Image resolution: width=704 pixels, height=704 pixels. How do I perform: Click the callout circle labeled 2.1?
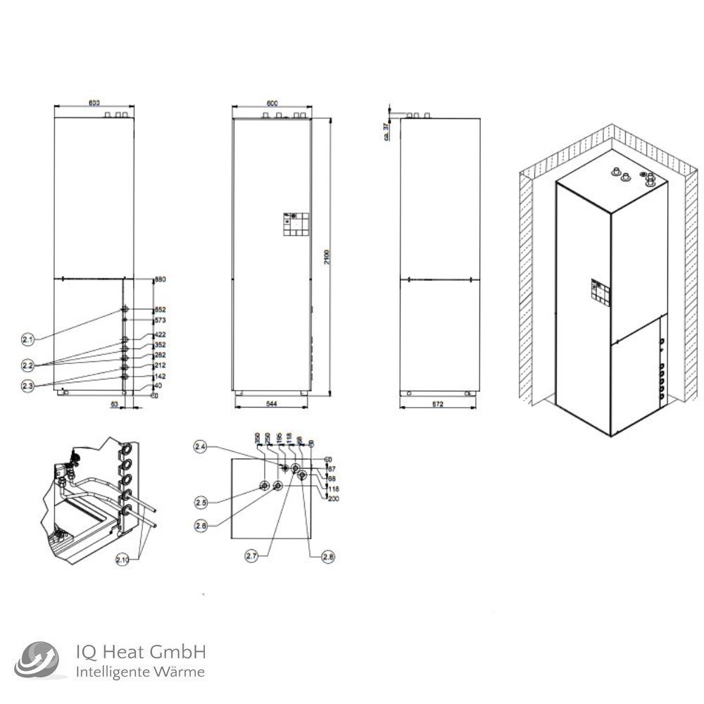(27, 339)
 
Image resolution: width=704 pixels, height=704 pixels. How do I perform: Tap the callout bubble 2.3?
(27, 386)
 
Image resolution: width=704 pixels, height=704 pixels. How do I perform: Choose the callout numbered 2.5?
(201, 502)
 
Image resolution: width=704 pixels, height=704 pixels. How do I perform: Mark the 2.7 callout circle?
(252, 556)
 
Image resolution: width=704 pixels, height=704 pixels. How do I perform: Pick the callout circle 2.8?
(327, 556)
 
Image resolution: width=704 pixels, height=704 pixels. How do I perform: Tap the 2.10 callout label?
(125, 560)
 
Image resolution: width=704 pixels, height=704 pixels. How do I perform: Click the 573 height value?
(160, 320)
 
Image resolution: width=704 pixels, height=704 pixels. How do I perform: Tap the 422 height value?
(160, 335)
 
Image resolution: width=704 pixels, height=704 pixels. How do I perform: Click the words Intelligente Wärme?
(140, 672)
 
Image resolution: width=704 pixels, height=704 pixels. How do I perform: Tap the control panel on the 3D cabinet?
(601, 294)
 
